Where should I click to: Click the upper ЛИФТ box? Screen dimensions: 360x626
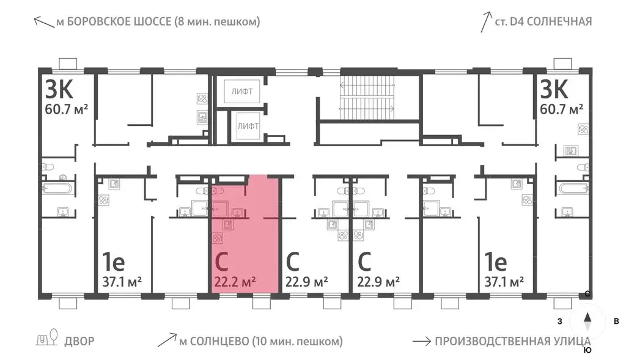245,92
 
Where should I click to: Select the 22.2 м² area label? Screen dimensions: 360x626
235,282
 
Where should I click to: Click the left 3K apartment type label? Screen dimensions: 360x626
59,90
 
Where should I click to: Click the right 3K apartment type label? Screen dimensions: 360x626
554,90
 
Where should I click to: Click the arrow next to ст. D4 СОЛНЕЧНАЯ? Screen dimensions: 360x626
487,22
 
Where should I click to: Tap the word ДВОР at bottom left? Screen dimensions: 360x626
79,341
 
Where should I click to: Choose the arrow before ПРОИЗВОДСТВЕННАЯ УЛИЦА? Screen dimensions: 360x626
421,341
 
